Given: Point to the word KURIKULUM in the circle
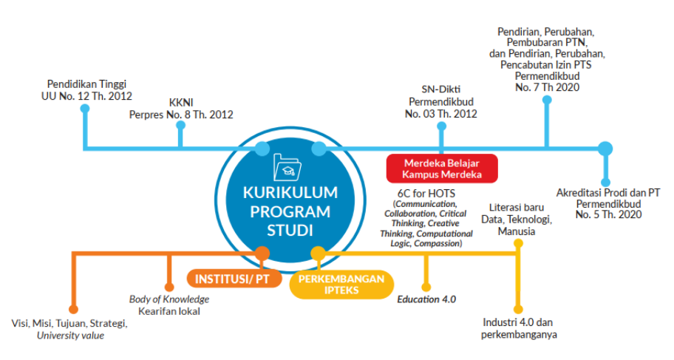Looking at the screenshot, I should click(x=290, y=193).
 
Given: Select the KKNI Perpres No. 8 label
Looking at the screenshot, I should click(x=181, y=109).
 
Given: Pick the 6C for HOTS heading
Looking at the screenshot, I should click(x=424, y=193).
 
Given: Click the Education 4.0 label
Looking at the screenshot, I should click(x=426, y=299).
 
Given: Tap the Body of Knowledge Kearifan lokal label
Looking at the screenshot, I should click(x=169, y=305).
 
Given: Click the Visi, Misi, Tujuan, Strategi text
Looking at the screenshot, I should click(x=70, y=324).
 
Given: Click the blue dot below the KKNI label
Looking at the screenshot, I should click(x=180, y=126).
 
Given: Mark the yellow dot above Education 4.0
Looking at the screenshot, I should click(x=426, y=287).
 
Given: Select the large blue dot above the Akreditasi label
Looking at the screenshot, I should click(x=605, y=149).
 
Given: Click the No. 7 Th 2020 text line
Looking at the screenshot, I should click(x=546, y=87).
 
